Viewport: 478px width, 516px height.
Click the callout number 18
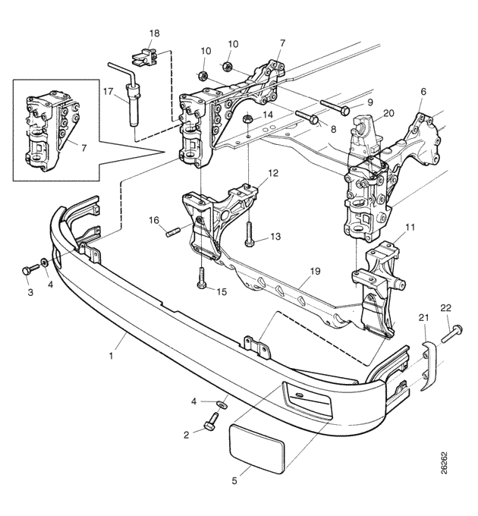pos(154,33)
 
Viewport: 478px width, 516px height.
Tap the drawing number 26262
pos(444,463)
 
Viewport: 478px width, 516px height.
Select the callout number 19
pos(315,272)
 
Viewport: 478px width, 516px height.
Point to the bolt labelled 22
pos(452,333)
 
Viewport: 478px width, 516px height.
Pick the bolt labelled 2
pos(211,420)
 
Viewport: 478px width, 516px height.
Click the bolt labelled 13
pos(250,234)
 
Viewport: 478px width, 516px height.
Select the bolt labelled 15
pos(202,278)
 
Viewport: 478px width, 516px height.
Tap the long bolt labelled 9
pos(335,108)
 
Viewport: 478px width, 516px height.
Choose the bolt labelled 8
pos(307,117)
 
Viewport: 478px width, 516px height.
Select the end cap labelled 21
pos(429,366)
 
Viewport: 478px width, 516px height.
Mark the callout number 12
pos(273,173)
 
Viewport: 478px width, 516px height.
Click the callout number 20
pos(388,113)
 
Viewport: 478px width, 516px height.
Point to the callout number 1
pos(111,356)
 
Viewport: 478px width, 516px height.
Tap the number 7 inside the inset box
pos(84,149)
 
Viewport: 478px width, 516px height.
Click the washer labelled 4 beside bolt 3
pos(44,263)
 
